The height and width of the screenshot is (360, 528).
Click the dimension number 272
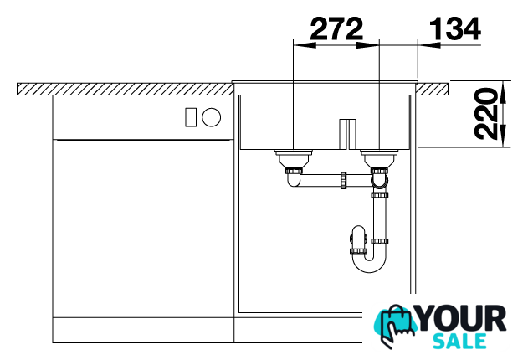click(336, 28)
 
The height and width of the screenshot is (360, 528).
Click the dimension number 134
click(455, 28)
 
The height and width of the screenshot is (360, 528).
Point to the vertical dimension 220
click(485, 114)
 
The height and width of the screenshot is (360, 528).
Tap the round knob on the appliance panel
click(212, 117)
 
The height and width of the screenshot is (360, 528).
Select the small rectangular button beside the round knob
click(191, 117)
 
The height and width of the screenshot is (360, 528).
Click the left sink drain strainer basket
click(294, 158)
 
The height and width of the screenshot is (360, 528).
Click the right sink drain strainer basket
click(380, 158)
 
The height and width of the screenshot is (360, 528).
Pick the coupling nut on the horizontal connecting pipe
click(343, 180)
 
